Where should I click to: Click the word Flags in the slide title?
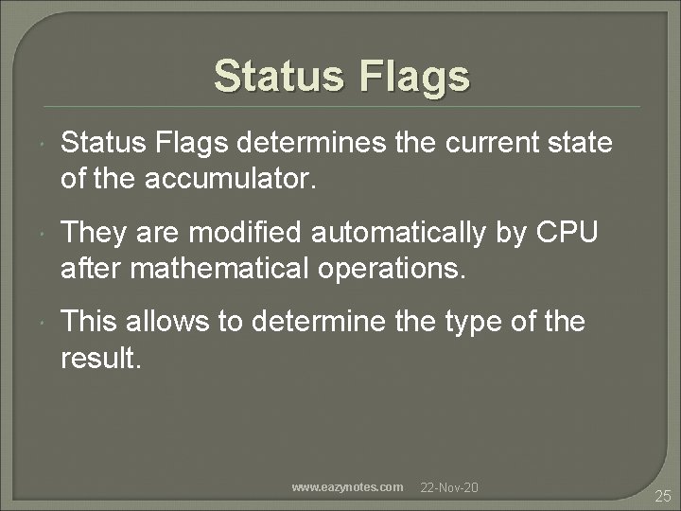[x=413, y=77]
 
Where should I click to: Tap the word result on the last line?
[x=99, y=357]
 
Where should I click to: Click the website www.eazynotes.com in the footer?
[x=347, y=486]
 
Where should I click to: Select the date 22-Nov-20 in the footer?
[x=449, y=486]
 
